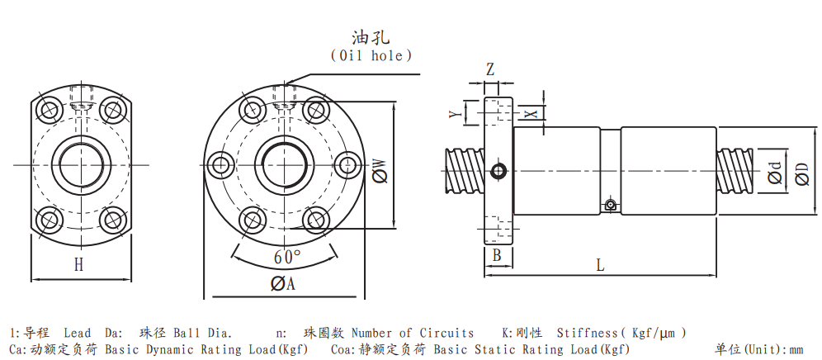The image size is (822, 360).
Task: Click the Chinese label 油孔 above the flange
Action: click(371, 37)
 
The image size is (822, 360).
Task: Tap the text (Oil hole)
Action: click(371, 55)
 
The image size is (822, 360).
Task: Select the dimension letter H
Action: click(78, 264)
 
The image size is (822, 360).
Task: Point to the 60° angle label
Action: click(287, 257)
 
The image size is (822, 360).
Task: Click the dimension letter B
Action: click(497, 256)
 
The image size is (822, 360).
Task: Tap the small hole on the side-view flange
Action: click(498, 171)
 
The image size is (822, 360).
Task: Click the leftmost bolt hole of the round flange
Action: click(220, 164)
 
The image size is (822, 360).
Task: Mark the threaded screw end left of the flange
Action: click(464, 170)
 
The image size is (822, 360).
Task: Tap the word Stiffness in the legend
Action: click(588, 333)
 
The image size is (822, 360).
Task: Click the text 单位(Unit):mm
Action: click(759, 349)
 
